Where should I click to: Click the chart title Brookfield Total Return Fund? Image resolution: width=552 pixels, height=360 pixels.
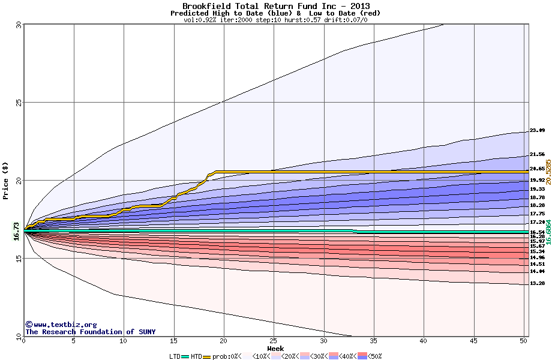(x=275, y=6)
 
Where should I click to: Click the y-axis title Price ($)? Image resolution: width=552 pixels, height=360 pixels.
(x=5, y=180)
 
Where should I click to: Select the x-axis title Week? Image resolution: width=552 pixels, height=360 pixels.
(x=275, y=349)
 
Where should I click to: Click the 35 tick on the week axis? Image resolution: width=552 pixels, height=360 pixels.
(x=374, y=341)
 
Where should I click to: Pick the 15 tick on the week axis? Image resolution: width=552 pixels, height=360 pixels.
(x=174, y=341)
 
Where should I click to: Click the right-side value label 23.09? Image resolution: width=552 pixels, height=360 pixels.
(x=537, y=130)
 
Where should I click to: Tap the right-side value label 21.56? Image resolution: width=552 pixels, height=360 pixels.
(x=537, y=154)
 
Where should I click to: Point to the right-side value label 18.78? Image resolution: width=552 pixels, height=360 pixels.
(x=537, y=197)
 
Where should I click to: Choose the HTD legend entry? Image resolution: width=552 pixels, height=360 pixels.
(x=197, y=356)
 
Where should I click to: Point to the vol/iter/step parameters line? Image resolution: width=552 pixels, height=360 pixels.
(x=275, y=20)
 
